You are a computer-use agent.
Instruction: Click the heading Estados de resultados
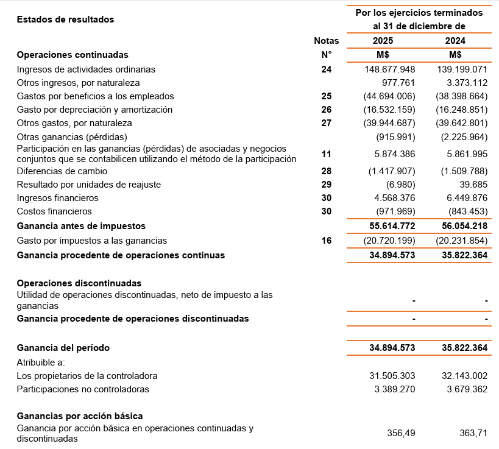[x=65, y=19]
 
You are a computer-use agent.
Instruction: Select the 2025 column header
[x=383, y=41]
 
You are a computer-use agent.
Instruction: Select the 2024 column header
[x=455, y=41]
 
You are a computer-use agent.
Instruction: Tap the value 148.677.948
[x=388, y=69]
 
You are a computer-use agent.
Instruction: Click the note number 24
[x=327, y=69]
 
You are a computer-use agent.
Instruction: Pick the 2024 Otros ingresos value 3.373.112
[x=462, y=83]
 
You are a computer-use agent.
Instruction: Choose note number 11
[x=327, y=154]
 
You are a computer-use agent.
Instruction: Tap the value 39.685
[x=474, y=185]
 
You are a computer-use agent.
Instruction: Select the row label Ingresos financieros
[x=57, y=198]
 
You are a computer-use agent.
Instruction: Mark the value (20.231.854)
[x=461, y=241]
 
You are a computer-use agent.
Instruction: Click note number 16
[x=327, y=241]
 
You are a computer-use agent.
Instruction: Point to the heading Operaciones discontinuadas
[x=79, y=283]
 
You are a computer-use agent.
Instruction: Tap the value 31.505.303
[x=390, y=376]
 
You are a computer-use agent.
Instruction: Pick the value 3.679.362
[x=464, y=389]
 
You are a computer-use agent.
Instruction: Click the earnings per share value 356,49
[x=401, y=433]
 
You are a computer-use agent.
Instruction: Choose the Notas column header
[x=327, y=41]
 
